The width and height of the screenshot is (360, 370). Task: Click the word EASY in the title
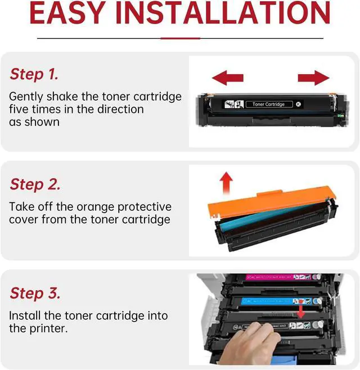point(67,12)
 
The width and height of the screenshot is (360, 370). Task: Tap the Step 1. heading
point(34,74)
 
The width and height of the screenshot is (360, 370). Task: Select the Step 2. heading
point(35,184)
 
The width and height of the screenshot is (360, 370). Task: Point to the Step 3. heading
point(35,294)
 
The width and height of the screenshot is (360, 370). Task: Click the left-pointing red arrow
point(228,78)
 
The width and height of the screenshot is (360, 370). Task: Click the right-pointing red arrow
point(313,78)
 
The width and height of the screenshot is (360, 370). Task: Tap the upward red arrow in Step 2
point(226,183)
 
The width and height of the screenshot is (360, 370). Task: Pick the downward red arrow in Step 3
point(301,309)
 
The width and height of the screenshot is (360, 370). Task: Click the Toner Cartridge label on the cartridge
point(269,104)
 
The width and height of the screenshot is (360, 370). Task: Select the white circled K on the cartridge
point(298,104)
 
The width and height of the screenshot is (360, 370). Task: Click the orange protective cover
point(272,201)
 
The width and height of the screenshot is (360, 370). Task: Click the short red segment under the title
point(181,38)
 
